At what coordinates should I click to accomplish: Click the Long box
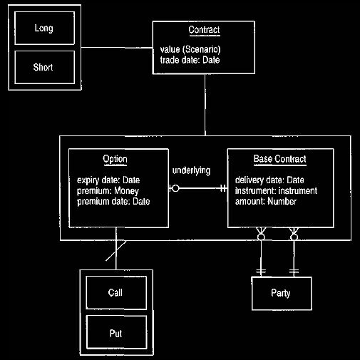point(44,28)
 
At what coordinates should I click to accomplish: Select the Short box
point(44,67)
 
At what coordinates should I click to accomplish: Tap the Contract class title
point(204,30)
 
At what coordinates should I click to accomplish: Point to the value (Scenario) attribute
point(190,49)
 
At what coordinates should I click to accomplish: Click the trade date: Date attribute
point(190,60)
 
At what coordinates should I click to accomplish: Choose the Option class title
point(115,159)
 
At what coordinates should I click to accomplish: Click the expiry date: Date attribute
point(108,180)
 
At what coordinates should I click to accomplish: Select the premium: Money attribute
point(108,191)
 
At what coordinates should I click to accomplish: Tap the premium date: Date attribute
point(113,202)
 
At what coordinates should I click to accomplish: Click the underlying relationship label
point(191,170)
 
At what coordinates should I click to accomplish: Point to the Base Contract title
point(280,159)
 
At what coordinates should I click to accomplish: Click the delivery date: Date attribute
point(269,180)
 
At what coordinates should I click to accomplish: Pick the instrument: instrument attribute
point(276,191)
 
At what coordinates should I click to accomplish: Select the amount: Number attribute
point(266,202)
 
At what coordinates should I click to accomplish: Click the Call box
point(116,293)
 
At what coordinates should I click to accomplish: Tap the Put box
point(116,332)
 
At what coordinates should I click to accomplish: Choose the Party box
point(282,294)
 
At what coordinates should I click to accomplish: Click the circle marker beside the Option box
point(175,188)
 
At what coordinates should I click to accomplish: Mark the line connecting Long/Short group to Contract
point(117,48)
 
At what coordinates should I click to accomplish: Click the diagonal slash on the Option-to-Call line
point(116,251)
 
